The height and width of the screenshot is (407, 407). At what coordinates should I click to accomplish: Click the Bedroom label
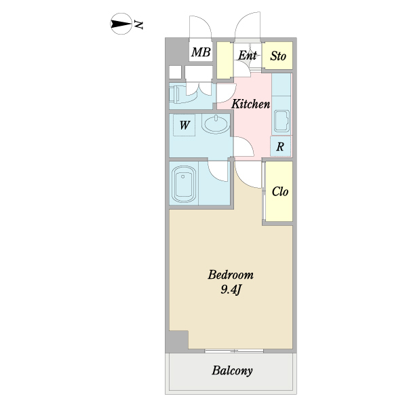(x=231, y=275)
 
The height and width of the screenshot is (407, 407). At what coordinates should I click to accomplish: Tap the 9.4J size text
(x=231, y=290)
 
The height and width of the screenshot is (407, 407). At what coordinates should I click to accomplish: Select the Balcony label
(x=232, y=370)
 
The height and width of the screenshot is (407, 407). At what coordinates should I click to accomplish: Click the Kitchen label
(x=251, y=104)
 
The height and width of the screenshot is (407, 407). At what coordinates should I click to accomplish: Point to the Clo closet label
(x=280, y=192)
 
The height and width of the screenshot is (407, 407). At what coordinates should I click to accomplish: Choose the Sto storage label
(x=278, y=56)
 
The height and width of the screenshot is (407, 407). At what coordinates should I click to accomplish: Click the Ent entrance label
(x=248, y=56)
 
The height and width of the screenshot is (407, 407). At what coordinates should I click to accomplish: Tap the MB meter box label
(x=201, y=52)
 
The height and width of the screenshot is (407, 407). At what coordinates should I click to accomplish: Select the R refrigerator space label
(x=280, y=147)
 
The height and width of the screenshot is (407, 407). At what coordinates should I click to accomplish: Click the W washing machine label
(x=185, y=125)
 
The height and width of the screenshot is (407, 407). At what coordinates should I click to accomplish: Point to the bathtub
(x=184, y=184)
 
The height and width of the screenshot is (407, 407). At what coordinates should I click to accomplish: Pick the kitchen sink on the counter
(x=282, y=121)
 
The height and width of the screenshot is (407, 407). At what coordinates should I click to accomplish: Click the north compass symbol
(x=121, y=24)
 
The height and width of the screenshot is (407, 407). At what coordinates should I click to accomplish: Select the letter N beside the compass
(x=138, y=24)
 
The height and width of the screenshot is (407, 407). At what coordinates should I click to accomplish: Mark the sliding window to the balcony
(x=234, y=351)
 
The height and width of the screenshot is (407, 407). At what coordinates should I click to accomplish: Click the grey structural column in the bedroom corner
(x=178, y=340)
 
